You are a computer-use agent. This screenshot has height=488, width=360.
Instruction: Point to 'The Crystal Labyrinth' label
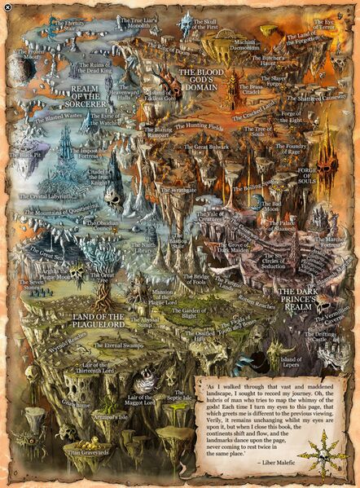click(48, 196)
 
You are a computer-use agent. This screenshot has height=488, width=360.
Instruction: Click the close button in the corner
click(7, 7)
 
